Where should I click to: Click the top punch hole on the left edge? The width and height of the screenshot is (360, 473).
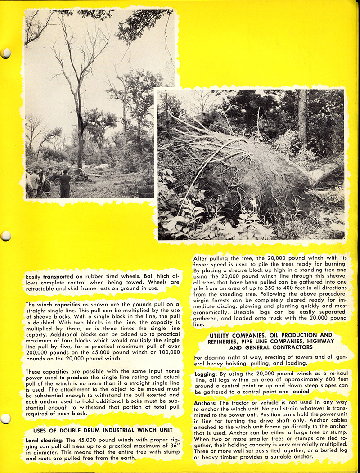tap(5, 53)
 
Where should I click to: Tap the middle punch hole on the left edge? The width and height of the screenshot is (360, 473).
tap(5, 236)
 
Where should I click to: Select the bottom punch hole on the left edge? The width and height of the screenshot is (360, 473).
tap(5, 419)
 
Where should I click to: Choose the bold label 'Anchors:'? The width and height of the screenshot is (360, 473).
tap(208, 402)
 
